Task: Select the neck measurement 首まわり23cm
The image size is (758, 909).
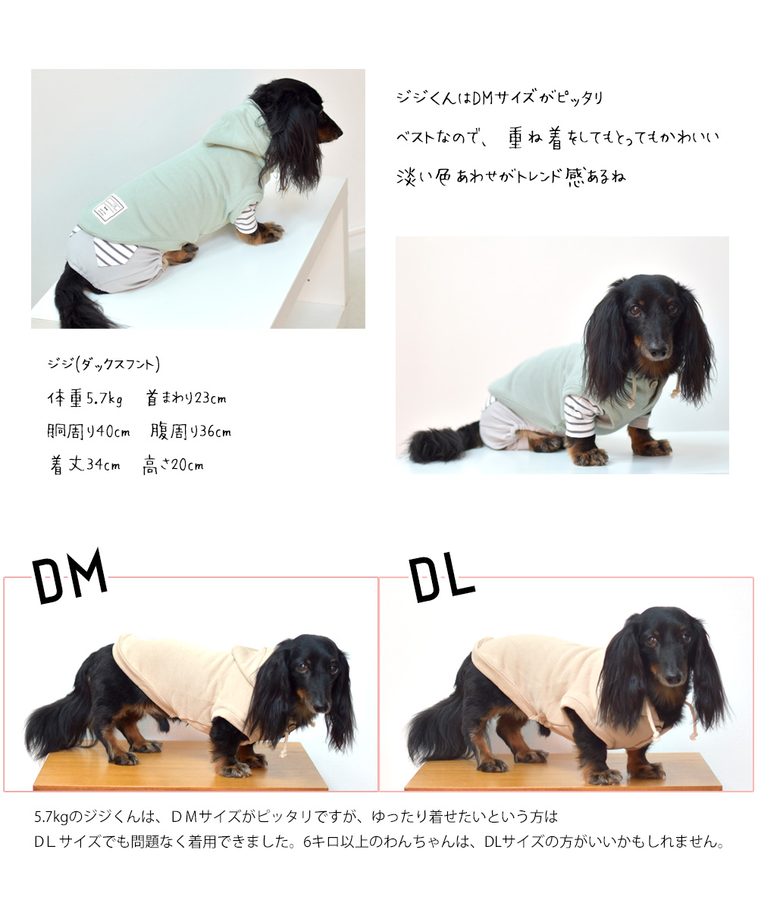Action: coord(186,398)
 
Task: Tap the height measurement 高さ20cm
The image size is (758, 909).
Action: coord(173,465)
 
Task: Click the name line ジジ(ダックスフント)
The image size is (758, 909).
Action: coord(103,364)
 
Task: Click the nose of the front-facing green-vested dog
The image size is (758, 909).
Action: coord(658,351)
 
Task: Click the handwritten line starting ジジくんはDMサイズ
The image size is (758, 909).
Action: coord(500,98)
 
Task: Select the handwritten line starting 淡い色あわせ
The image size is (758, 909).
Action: coord(511,179)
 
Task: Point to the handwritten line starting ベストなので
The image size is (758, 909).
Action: coord(557,138)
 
